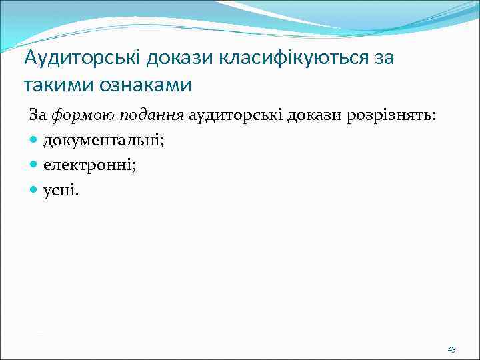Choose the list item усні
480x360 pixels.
tap(60, 192)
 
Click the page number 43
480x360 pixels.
tap(451, 349)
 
